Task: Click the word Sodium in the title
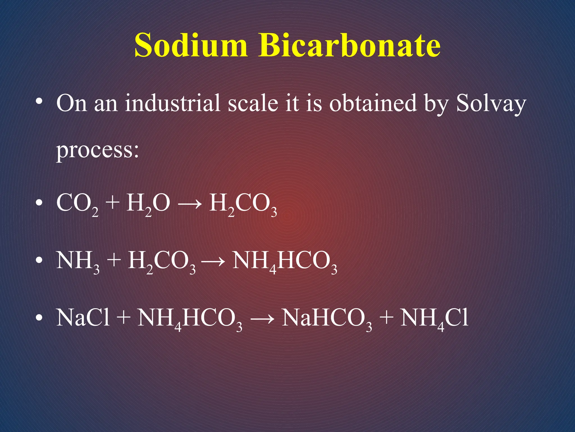[x=191, y=45]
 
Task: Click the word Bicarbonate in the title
[x=349, y=45]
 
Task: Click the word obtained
[x=373, y=103]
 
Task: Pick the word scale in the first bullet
[x=253, y=103]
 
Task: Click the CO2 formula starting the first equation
[x=77, y=204]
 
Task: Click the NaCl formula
[x=83, y=318]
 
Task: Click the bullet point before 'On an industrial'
[x=39, y=101]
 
